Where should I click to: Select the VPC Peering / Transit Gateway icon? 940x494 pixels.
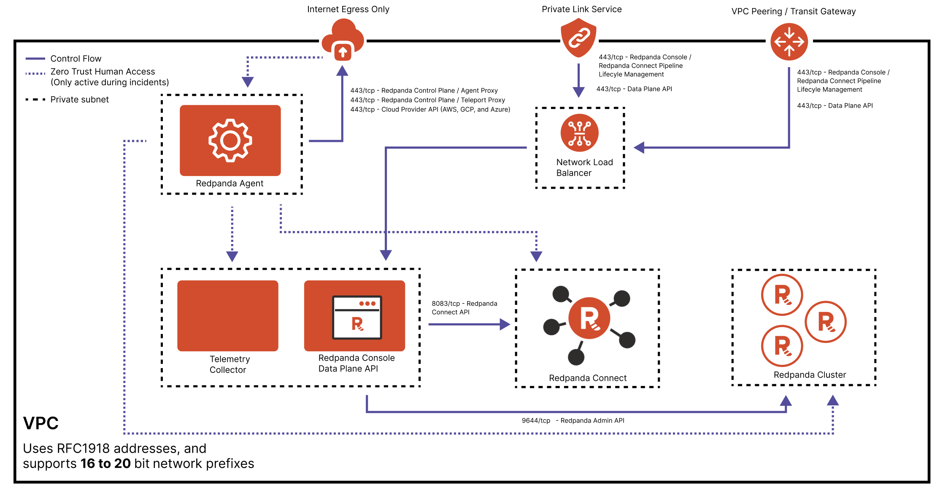tap(789, 42)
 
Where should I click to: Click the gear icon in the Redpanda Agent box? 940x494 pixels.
tap(230, 140)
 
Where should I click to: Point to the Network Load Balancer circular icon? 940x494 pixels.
tap(579, 133)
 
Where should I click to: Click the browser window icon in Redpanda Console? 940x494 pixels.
tap(357, 317)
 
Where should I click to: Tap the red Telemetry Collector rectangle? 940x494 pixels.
tap(228, 315)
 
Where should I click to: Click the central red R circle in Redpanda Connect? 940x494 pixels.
tap(589, 318)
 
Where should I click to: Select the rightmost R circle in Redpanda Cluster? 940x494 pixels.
tap(825, 322)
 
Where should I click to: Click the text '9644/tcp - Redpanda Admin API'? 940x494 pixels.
tap(573, 421)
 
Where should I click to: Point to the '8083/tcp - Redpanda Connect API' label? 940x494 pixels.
tap(464, 308)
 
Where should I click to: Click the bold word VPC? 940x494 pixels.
tap(41, 423)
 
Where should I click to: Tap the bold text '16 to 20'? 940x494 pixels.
tap(105, 464)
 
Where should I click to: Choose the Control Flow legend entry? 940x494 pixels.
tap(76, 59)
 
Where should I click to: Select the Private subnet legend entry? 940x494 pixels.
tap(79, 100)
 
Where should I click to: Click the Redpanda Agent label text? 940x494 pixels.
tap(230, 183)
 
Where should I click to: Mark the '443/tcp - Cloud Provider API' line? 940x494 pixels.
tap(430, 109)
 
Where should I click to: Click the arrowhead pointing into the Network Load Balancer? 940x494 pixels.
tap(639, 147)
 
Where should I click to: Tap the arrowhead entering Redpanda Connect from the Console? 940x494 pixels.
tap(505, 324)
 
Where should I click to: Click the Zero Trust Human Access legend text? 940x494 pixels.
tap(103, 72)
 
